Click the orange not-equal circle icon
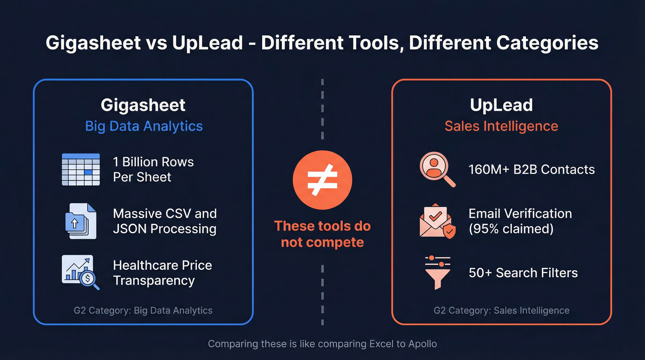[x=322, y=180]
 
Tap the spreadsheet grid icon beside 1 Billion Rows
[x=81, y=170]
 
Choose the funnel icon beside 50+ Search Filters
[x=437, y=272]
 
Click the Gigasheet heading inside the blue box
[x=143, y=105]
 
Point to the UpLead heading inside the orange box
[x=501, y=105]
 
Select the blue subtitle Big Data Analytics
[x=144, y=126]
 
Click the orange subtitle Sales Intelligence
[x=501, y=126]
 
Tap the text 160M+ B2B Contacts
[x=532, y=170]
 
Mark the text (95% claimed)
[x=511, y=229]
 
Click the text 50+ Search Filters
[x=523, y=272]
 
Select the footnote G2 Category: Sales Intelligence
[x=501, y=311]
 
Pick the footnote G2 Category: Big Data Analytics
[x=143, y=311]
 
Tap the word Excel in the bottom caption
[x=382, y=344]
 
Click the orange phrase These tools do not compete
[x=322, y=234]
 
